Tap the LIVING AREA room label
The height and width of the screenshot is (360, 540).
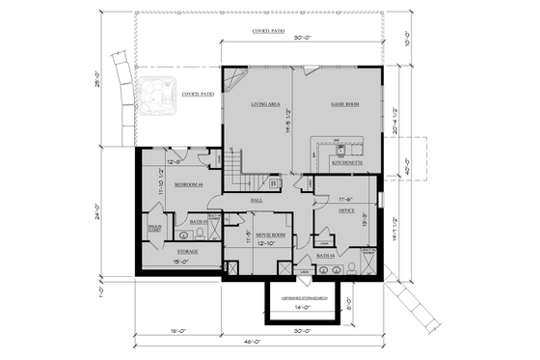pos(265,103)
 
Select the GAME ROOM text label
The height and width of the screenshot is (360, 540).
pos(344,103)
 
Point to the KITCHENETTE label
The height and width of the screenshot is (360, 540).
pos(346,163)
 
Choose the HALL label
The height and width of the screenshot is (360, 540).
pos(256,200)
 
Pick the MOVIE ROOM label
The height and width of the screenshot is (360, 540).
pos(270,235)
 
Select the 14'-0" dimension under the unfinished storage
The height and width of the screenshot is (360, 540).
pos(305,307)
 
